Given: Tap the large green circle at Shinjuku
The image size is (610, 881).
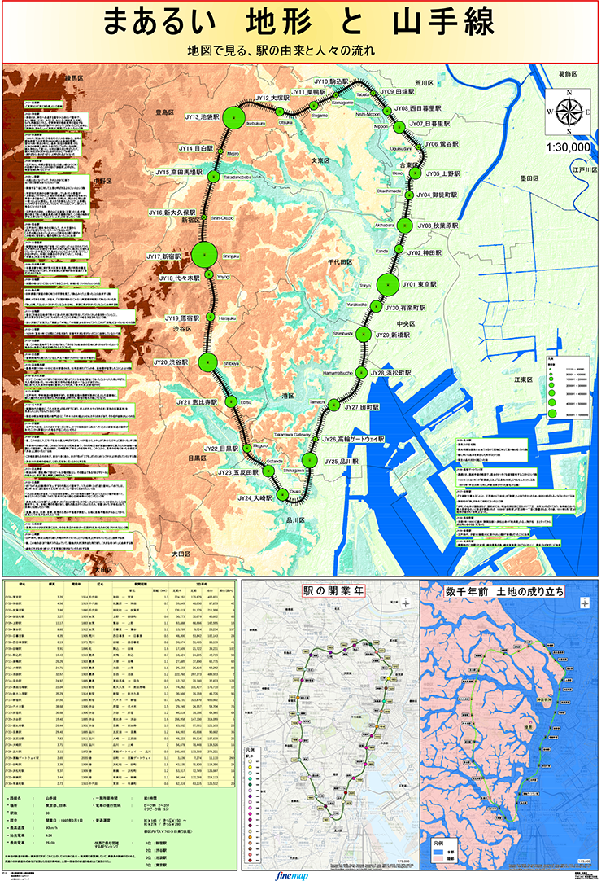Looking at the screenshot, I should [x=205, y=253].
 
